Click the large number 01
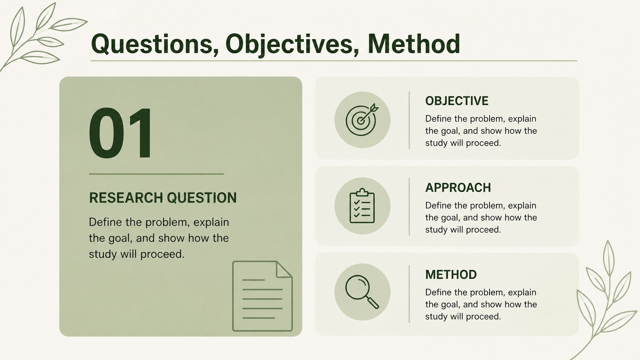point(120,133)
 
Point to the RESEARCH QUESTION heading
point(163,197)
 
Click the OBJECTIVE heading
point(457,101)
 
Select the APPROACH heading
point(458,187)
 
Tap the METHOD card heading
point(451,274)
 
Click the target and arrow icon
point(362,120)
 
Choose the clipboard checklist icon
point(362,206)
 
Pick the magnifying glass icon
point(362,292)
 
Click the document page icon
point(262,296)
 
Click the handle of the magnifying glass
point(372,303)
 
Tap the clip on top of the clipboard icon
point(362,192)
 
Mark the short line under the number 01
point(156,174)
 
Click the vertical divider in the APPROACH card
point(409,207)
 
